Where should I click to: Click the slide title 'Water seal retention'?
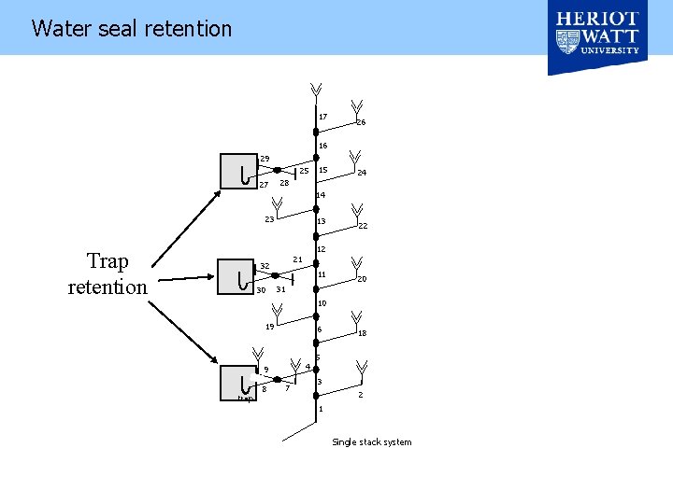131,28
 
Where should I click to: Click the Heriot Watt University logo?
597,37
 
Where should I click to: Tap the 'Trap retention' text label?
107,273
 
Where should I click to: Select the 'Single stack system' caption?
371,441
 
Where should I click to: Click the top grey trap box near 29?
238,170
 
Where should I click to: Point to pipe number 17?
323,117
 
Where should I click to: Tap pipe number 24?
361,173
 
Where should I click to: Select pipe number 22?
363,226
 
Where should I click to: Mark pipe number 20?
361,279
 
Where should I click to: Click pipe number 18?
362,333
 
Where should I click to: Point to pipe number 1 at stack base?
320,410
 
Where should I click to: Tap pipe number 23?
269,219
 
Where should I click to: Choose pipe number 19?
269,327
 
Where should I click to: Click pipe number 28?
284,183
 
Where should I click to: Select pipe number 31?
280,289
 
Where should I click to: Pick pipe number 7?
287,389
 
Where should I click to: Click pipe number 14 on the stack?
321,195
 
